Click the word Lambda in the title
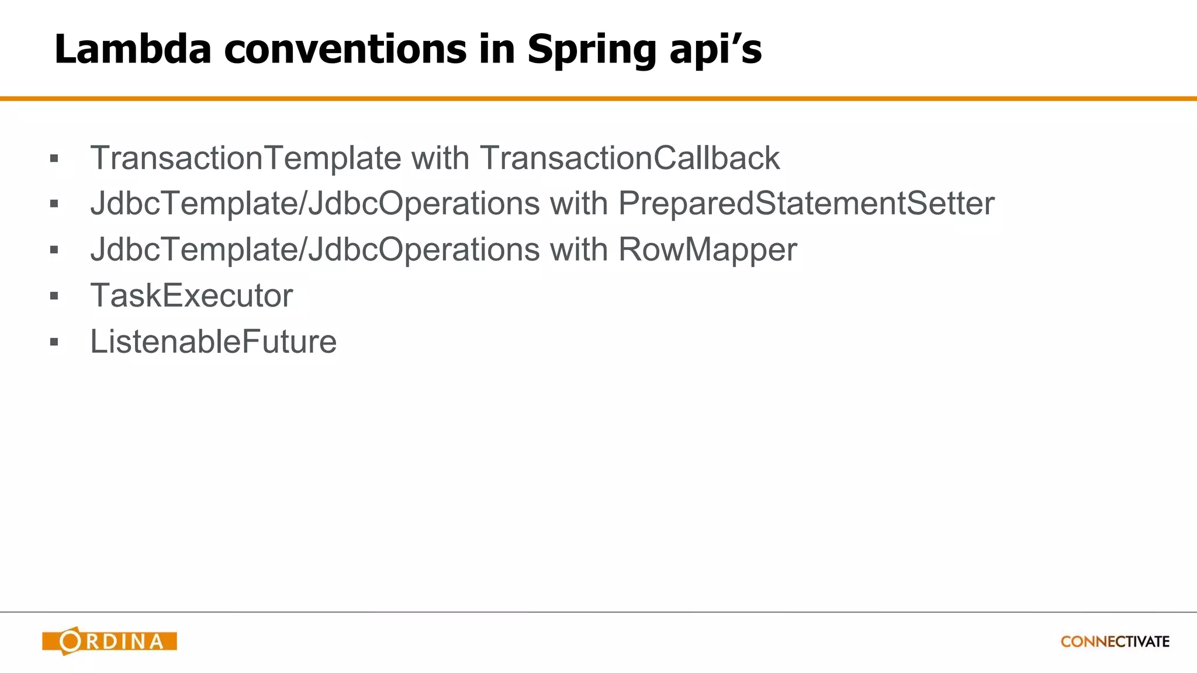coord(133,49)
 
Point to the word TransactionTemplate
coord(245,158)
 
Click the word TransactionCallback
coord(629,158)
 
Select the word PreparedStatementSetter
coord(806,204)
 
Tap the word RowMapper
coord(707,250)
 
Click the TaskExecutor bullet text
coord(191,296)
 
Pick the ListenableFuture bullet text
coord(213,342)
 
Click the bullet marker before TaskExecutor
coord(54,296)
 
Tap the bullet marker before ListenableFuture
coord(54,342)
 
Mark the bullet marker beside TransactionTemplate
coord(54,158)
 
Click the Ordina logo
coord(109,641)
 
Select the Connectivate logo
coord(1115,641)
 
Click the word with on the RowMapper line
coord(579,250)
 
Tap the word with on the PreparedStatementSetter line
coord(579,204)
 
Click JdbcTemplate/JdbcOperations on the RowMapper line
coord(314,250)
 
